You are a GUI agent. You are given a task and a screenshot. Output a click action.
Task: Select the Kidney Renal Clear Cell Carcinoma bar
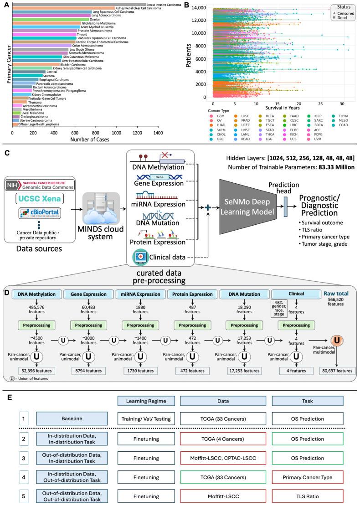pyautogui.click(x=63, y=8)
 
